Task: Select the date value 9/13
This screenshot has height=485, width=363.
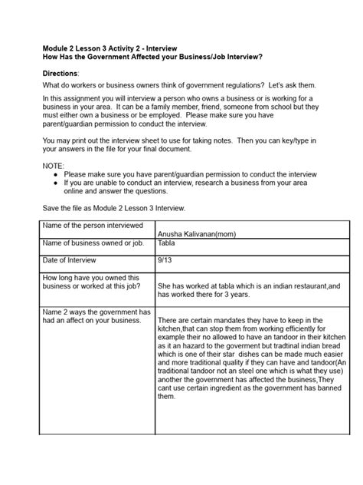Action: [165, 259]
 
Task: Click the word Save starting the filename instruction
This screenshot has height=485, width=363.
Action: [50, 209]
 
